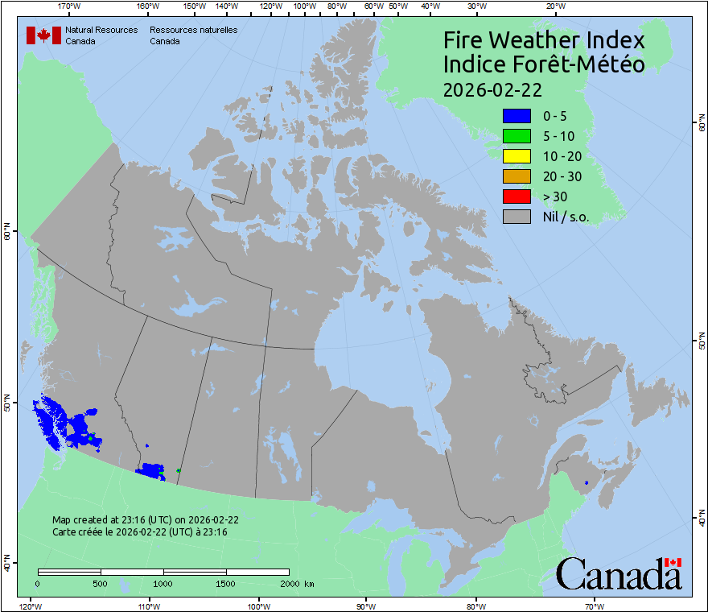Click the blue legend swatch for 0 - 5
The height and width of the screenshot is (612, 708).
517,116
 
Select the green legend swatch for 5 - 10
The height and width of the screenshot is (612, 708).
517,136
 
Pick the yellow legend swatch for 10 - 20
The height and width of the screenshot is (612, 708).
517,156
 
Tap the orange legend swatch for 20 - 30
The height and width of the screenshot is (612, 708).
517,176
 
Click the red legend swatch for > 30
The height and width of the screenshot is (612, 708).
517,196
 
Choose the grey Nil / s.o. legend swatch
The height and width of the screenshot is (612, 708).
517,217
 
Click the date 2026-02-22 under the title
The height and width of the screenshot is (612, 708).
492,88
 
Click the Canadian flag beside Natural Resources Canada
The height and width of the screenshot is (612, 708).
43,35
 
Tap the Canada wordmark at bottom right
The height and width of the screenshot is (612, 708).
619,573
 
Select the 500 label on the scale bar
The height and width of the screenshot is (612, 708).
101,583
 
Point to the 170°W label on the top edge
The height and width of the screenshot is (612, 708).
69,6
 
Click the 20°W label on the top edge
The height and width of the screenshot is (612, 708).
554,6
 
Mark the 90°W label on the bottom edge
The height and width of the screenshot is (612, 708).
366,606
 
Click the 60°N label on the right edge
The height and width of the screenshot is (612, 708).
701,125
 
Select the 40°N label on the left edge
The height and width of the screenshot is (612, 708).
6,563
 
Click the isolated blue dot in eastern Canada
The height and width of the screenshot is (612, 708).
587,482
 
